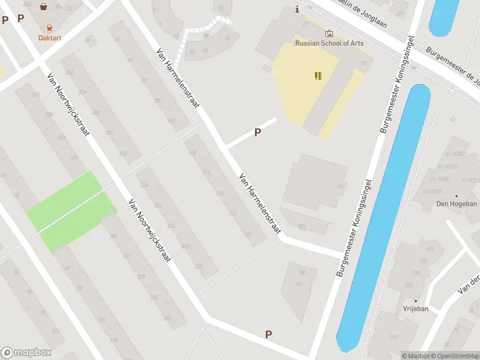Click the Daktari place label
[x=50, y=38]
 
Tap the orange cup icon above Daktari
[x=50, y=28]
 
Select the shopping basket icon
[x=44, y=7]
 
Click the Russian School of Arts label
[x=329, y=43]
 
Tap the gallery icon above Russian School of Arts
[x=329, y=34]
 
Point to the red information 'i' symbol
[x=297, y=9]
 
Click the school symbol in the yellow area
[x=318, y=76]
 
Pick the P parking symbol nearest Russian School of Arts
[x=258, y=133]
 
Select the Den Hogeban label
[x=457, y=204]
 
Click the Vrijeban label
[x=415, y=309]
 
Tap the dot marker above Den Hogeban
[x=457, y=196]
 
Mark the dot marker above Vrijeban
[x=415, y=301]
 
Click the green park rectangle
[x=71, y=211]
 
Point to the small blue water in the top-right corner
[x=445, y=16]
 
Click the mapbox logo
[x=26, y=353]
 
